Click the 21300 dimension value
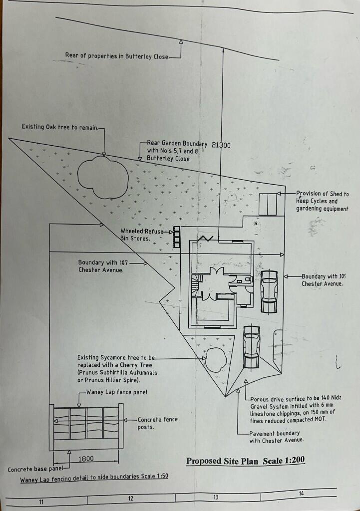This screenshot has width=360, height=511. tap(221, 145)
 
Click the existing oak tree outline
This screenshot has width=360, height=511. tap(102, 177)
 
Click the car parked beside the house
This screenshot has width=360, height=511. tap(269, 292)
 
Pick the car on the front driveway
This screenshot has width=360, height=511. tap(251, 347)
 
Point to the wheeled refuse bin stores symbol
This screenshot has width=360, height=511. tap(176, 238)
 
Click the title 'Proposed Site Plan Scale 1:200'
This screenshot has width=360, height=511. tap(245, 460)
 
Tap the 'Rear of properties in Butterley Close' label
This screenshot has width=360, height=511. tap(117, 56)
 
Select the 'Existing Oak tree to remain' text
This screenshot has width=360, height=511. tap(60, 127)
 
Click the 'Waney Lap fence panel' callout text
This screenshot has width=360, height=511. tap(117, 393)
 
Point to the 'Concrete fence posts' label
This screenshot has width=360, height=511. tap(157, 423)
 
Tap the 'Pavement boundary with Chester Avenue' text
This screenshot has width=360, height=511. tap(276, 437)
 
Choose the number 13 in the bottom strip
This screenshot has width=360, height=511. tap(216, 497)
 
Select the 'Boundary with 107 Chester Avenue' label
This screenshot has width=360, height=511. tap(100, 266)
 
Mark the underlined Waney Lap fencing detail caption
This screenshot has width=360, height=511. tap(94, 477)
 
